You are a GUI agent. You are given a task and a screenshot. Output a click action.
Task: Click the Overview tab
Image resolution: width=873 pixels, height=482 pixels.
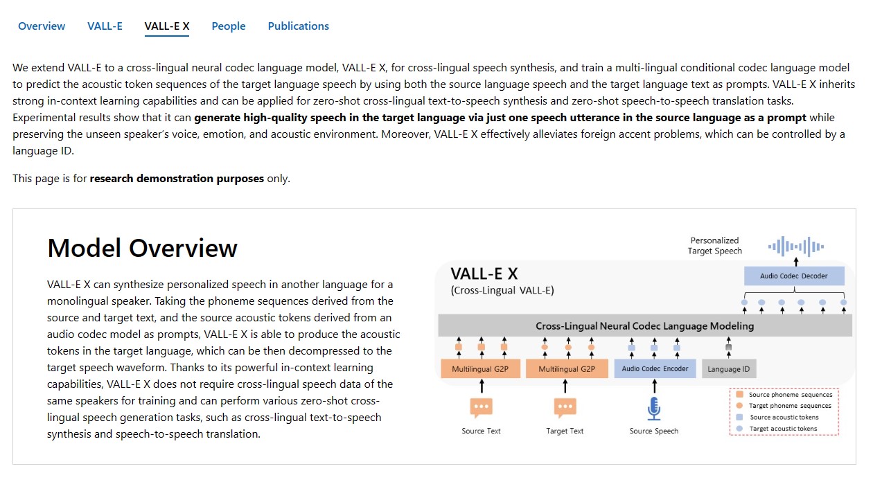42,26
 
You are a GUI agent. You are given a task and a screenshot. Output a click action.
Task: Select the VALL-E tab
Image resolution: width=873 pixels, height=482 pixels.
105,26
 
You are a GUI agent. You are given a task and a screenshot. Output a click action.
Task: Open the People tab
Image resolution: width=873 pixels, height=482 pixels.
229,26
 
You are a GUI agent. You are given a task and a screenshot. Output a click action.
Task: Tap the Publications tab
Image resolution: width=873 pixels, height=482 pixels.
299,26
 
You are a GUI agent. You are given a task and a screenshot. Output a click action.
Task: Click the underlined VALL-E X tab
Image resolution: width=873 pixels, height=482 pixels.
167,26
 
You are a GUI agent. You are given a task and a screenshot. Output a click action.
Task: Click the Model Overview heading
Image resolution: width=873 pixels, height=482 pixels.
142,248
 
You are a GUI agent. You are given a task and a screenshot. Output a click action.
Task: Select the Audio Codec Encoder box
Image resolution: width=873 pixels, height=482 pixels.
655,368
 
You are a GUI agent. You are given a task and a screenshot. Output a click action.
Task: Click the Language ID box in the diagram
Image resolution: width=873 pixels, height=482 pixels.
728,369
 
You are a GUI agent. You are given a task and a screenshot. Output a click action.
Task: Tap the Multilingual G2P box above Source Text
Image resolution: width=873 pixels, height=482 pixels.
480,369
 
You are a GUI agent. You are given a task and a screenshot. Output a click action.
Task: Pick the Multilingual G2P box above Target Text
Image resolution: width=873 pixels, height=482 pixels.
566,369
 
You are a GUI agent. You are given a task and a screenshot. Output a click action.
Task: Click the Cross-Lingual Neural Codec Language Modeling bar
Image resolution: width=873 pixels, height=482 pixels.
644,325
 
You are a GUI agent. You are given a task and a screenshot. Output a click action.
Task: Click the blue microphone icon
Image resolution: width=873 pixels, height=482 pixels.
654,408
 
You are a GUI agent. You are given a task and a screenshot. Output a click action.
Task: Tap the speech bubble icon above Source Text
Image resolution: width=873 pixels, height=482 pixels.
481,408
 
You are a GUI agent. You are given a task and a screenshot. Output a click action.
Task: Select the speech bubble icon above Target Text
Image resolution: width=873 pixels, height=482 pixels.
565,408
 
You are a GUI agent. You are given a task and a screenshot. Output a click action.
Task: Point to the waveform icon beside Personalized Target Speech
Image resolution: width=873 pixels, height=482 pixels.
796,246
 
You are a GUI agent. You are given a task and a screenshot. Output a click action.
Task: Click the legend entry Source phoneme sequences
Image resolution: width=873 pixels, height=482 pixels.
790,395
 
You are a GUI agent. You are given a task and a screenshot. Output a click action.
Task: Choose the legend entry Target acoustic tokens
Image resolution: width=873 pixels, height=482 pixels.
783,429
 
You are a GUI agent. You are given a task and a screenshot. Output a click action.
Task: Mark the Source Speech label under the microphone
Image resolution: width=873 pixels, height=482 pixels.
654,431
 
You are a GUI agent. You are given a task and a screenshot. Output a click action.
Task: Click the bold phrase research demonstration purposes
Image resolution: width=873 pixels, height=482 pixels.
177,179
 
